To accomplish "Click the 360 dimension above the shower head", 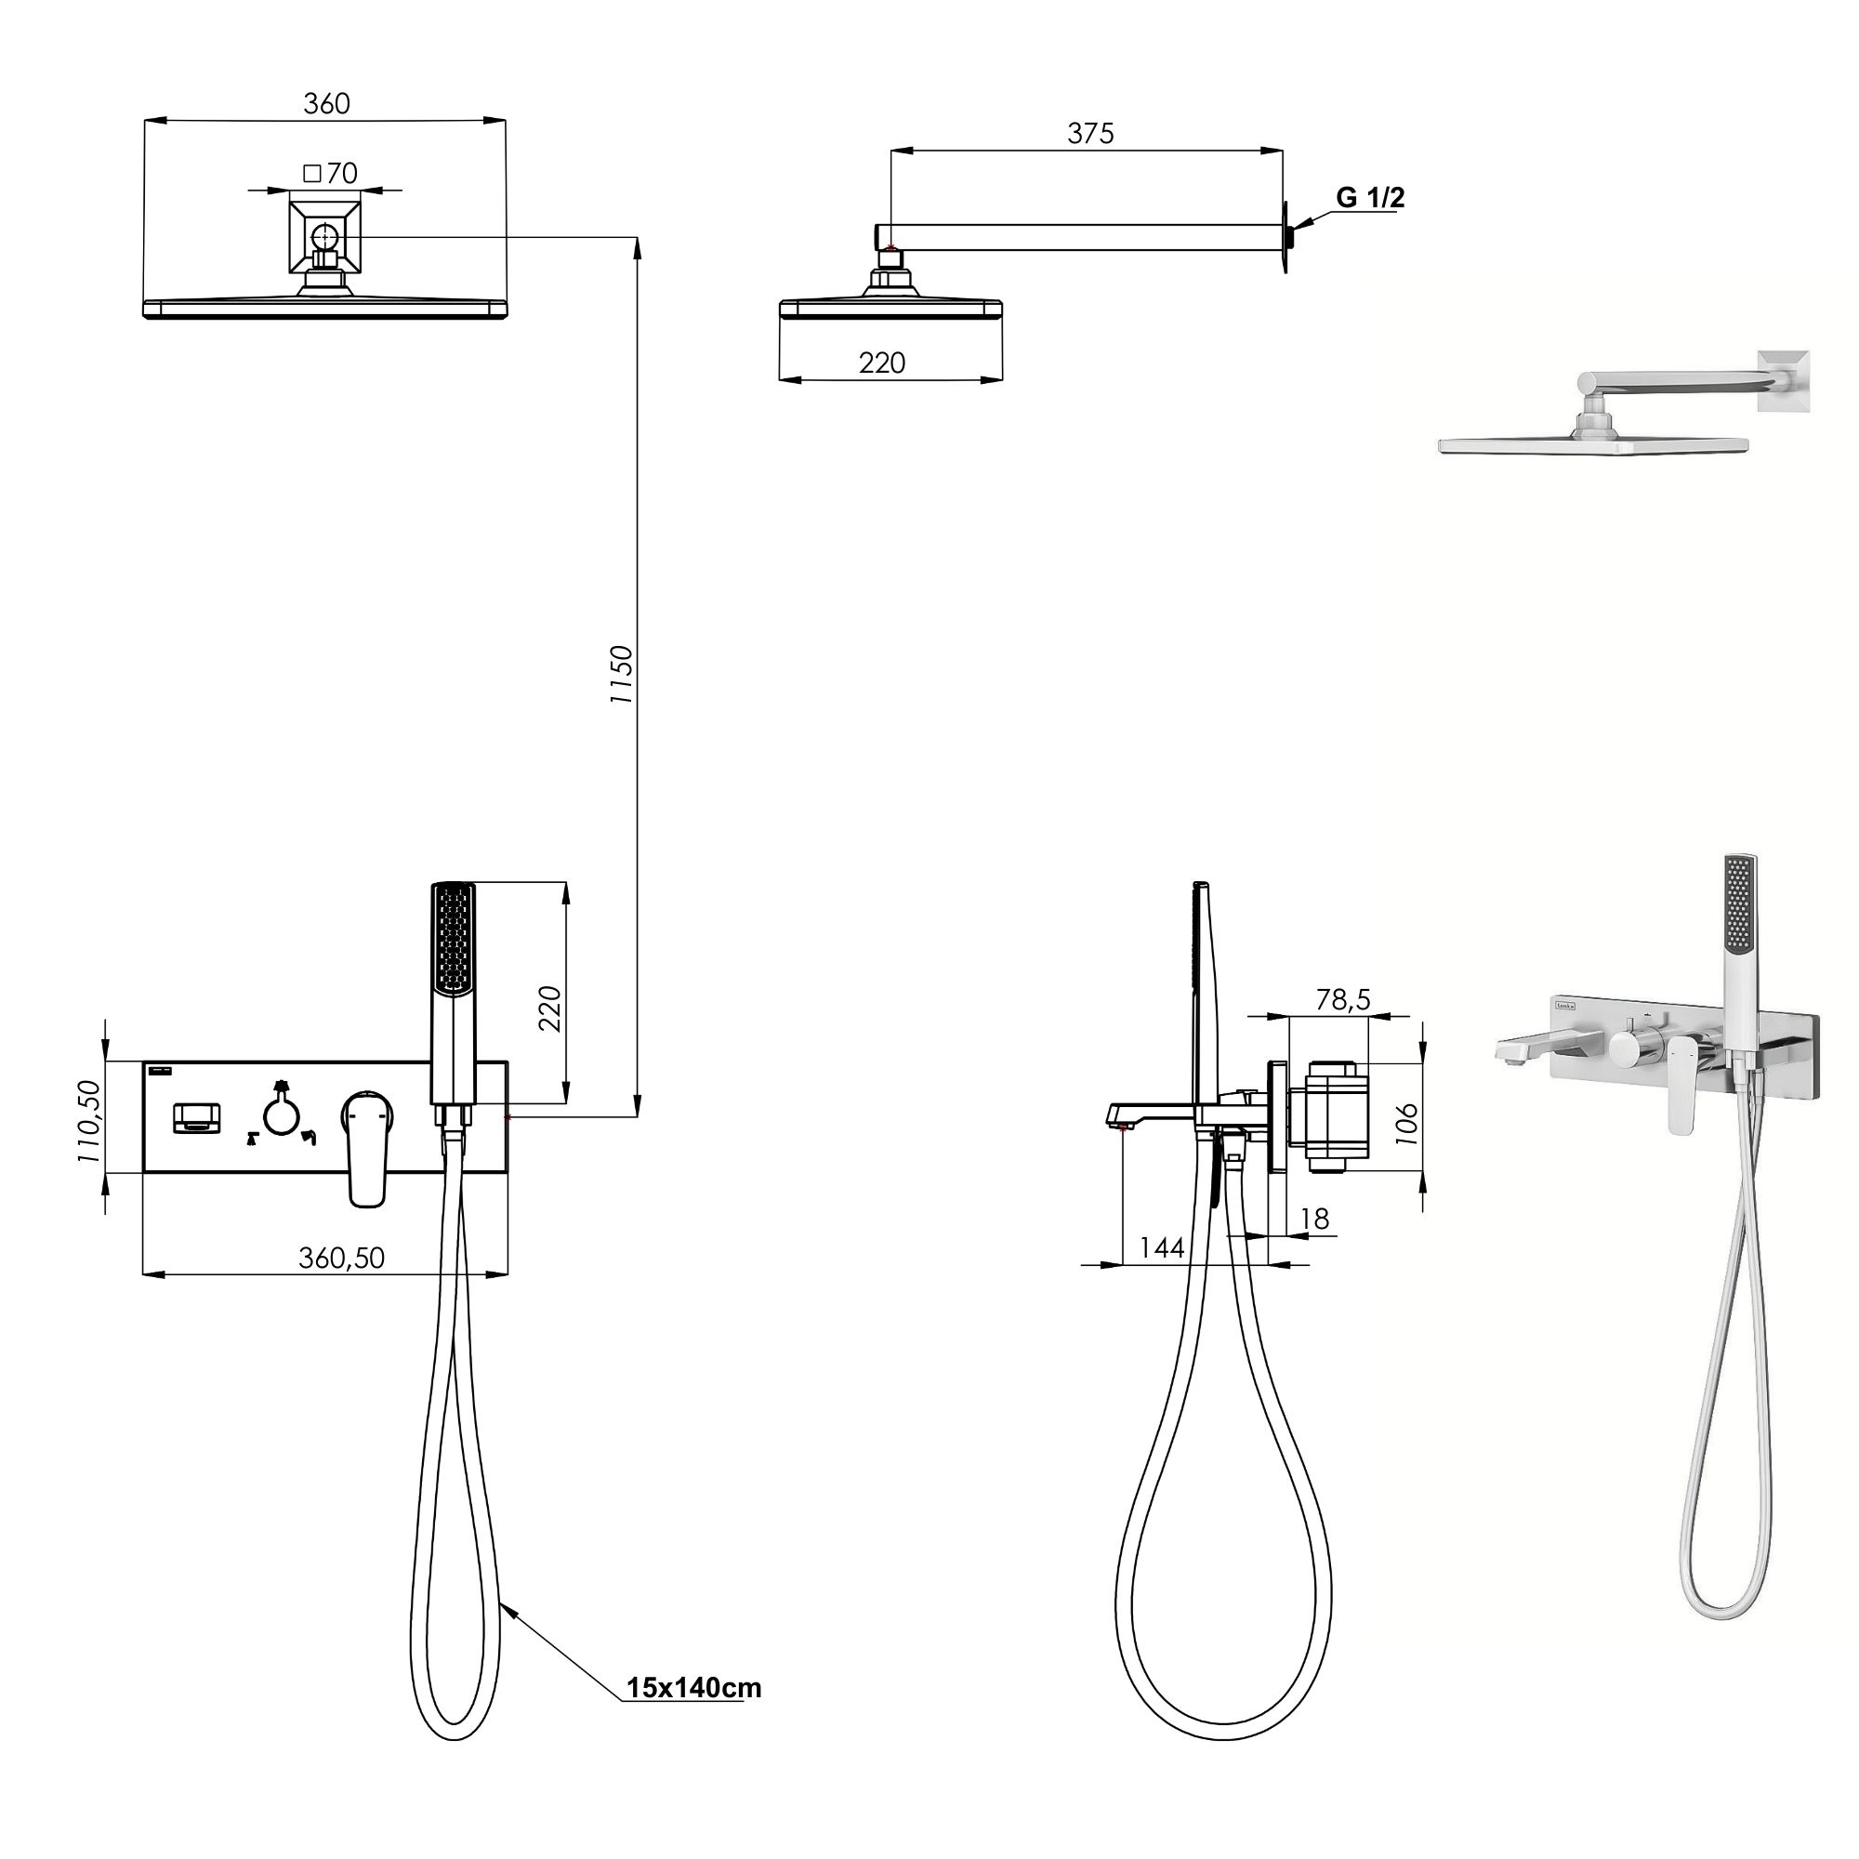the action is pos(326,104).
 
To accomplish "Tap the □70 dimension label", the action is pos(330,173).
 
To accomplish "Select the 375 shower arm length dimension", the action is pos(1090,133).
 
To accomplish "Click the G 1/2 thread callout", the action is pos(1369,197).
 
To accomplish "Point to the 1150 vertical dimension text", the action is pos(623,674).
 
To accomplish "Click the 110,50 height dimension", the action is pos(88,1121).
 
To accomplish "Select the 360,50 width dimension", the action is pos(341,1258).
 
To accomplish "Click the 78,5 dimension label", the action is pos(1343,999).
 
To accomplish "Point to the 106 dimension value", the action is pos(1405,1122).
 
